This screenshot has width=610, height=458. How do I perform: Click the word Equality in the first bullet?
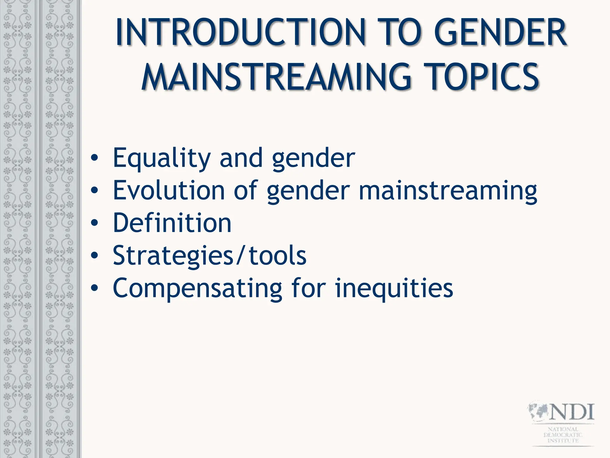click(162, 158)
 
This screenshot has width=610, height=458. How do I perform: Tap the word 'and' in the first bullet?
click(241, 158)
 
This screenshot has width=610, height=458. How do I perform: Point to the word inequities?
click(394, 288)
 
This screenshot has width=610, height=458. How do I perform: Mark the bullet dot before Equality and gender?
click(94, 158)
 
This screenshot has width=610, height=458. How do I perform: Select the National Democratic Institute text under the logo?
click(563, 435)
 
